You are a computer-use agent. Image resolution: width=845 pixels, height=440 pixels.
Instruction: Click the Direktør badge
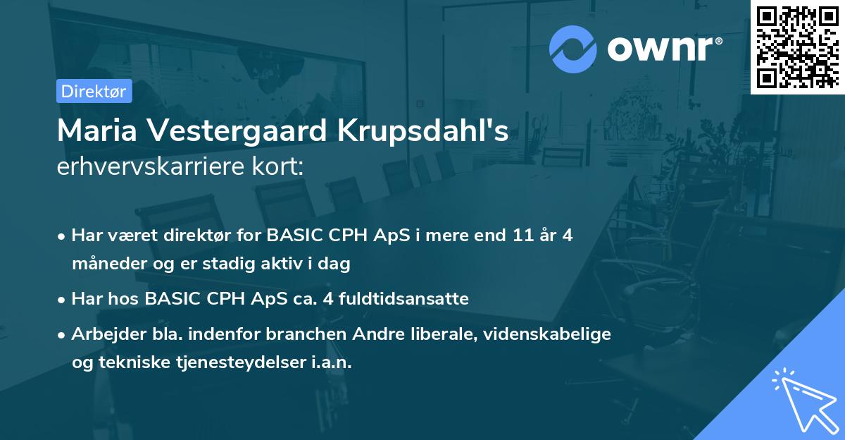coord(94,91)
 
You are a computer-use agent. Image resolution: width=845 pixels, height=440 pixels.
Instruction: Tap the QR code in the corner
coord(797,47)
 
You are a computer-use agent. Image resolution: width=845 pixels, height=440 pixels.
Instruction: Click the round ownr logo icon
coord(573,49)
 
